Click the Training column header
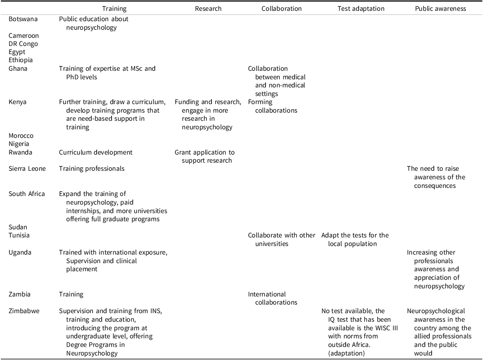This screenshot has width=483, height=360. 114,9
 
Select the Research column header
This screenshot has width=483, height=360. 208,9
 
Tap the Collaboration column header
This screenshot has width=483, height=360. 281,9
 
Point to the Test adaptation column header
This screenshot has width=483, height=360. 361,9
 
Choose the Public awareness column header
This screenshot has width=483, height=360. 440,9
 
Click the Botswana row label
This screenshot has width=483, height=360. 23,19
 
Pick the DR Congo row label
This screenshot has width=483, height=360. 23,44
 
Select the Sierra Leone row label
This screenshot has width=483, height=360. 27,169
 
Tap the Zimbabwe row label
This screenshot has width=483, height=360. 24,311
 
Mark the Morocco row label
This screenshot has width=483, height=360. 21,136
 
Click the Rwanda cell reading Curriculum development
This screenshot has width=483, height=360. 96,152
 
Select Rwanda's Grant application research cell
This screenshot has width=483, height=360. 205,156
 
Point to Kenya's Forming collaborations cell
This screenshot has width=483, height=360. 273,106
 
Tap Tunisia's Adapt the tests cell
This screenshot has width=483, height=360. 355,239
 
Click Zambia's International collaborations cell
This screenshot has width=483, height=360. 273,298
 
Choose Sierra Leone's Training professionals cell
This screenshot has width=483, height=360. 92,169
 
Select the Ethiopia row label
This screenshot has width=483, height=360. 21,60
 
